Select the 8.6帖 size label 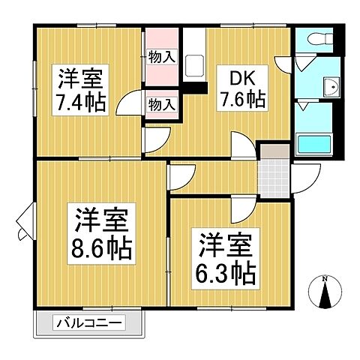[102, 246]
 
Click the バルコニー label [89, 324]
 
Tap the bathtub [316, 143]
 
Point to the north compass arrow [325, 295]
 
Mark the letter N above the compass [325, 278]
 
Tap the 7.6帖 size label [241, 99]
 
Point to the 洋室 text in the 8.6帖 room [102, 220]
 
